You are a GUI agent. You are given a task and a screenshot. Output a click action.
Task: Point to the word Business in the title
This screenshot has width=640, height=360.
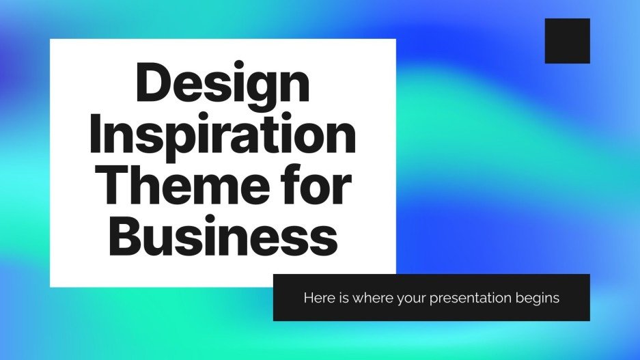[x=223, y=235]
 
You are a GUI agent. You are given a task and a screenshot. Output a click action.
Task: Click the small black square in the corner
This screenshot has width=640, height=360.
[x=567, y=41]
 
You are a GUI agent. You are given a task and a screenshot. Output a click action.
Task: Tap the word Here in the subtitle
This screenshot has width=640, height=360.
[x=316, y=298]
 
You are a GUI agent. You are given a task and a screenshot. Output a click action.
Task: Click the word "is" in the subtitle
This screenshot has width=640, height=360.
[x=339, y=298]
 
